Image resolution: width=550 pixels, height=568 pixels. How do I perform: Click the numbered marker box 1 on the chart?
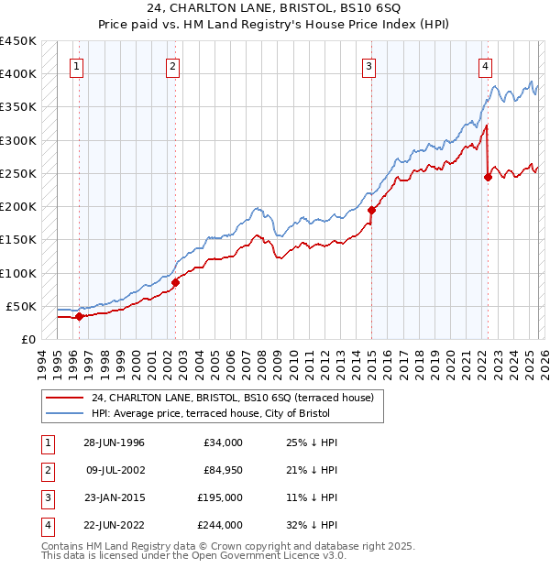[77, 65]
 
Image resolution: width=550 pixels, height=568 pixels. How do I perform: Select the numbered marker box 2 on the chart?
[173, 65]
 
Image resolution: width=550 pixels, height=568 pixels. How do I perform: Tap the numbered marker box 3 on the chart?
[368, 65]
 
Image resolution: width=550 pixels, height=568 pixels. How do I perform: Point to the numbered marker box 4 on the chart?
[484, 65]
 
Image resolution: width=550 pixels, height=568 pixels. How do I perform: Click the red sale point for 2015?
[371, 210]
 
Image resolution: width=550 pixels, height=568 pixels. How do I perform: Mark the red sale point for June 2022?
[488, 178]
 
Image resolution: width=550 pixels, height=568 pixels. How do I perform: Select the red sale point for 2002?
[175, 282]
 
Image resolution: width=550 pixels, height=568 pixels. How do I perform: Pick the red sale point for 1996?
[79, 316]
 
